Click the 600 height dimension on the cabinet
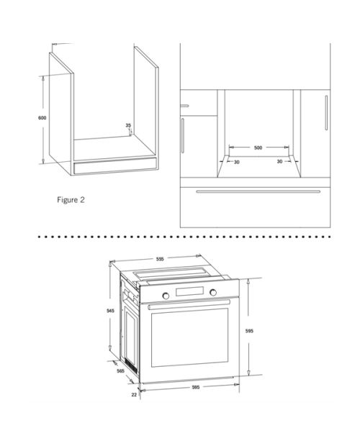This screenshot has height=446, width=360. pyautogui.click(x=42, y=118)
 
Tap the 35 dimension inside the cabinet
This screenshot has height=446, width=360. pyautogui.click(x=128, y=125)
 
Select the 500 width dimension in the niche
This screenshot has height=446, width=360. pyautogui.click(x=258, y=147)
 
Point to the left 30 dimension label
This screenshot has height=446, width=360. pyautogui.click(x=237, y=162)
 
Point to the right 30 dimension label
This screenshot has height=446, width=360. pyautogui.click(x=279, y=161)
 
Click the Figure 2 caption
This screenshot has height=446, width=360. pyautogui.click(x=71, y=200)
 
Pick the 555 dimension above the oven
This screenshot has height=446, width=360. pyautogui.click(x=160, y=259)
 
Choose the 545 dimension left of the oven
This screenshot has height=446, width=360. pyautogui.click(x=110, y=311)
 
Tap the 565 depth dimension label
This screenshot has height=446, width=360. pyautogui.click(x=121, y=371)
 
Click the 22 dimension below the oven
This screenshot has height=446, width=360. pyautogui.click(x=134, y=394)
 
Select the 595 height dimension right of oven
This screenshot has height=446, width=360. pyautogui.click(x=249, y=331)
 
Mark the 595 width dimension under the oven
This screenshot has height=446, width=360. pyautogui.click(x=196, y=387)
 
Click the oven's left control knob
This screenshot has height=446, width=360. pyautogui.click(x=166, y=296)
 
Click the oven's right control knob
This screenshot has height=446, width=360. pyautogui.click(x=213, y=292)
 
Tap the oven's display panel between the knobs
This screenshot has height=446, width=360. pyautogui.click(x=189, y=291)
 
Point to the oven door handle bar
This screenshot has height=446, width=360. pyautogui.click(x=189, y=304)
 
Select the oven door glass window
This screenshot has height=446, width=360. pyautogui.click(x=189, y=337)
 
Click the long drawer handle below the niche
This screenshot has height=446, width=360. pyautogui.click(x=258, y=192)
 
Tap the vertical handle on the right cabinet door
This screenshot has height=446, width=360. pyautogui.click(x=326, y=113)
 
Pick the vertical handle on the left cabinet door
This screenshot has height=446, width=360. pyautogui.click(x=182, y=135)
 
